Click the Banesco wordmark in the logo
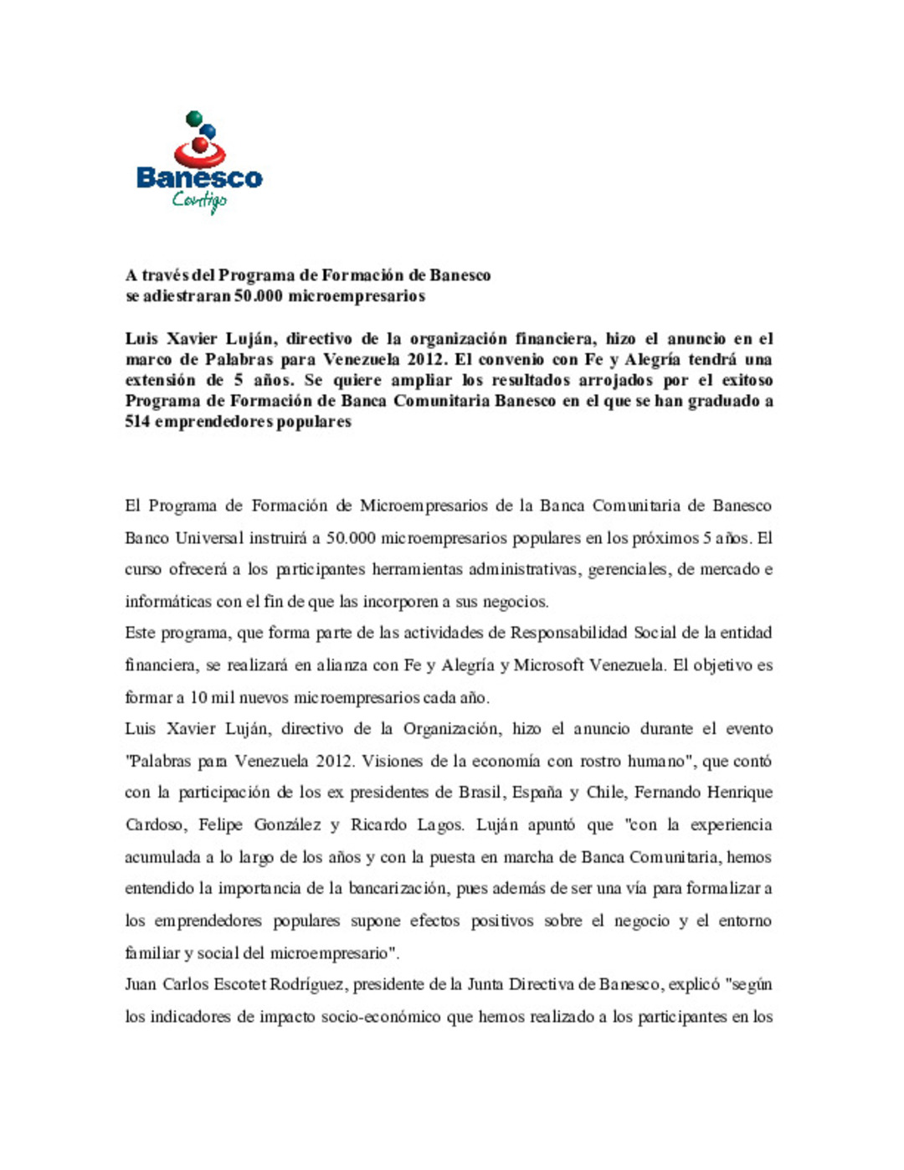click(199, 177)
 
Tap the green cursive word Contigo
click(199, 201)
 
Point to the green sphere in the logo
click(193, 118)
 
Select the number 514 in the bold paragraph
click(137, 422)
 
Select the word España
click(537, 793)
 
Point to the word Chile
click(604, 793)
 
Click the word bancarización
click(398, 889)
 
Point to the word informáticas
click(168, 602)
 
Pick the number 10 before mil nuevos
click(198, 698)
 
